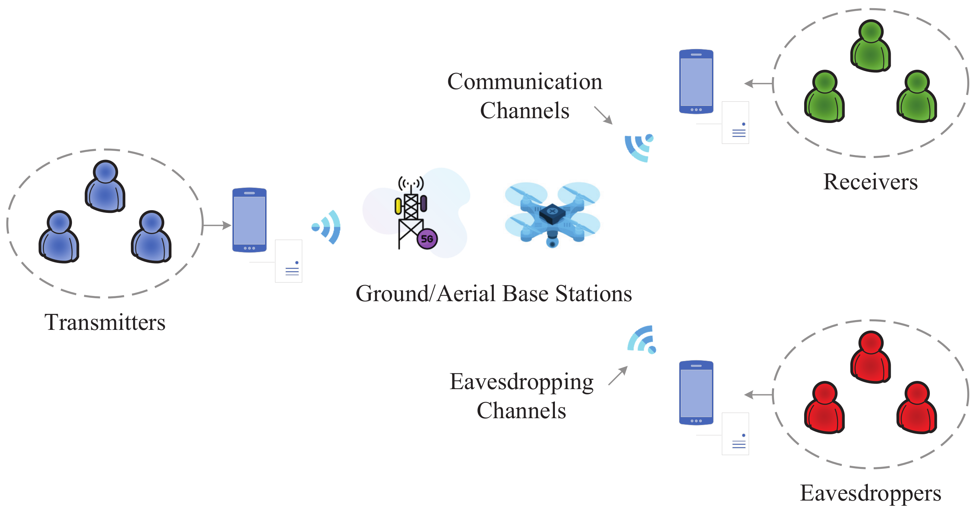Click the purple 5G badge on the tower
pos(427,239)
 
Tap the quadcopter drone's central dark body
pos(552,213)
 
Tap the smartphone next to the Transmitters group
pos(249,220)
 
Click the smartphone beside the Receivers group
pos(696,81)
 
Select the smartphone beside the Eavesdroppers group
pos(696,393)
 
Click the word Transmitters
pos(105,323)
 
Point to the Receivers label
pos(870,182)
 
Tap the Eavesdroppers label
pos(870,493)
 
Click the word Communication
pos(524,82)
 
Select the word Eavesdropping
pos(521,382)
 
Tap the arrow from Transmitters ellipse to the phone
pos(217,225)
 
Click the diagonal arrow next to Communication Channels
pos(603,115)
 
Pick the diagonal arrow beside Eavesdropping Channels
pos(618,376)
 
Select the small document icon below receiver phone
pos(735,123)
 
